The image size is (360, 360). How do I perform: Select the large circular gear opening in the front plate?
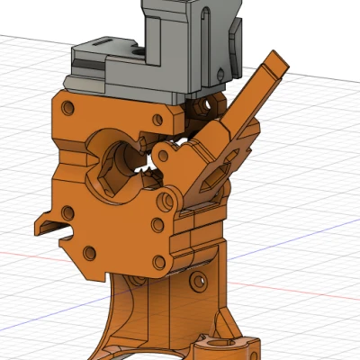coord(114,161)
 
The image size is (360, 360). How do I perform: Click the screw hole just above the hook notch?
coord(68,212)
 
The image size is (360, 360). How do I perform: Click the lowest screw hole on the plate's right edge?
coord(161,262)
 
